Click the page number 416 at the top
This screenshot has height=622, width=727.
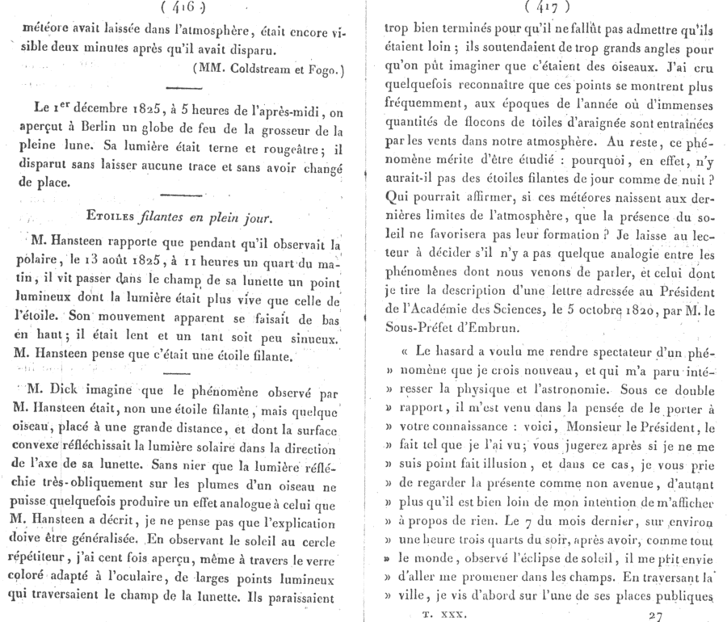click(185, 9)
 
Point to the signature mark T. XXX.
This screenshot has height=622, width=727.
click(441, 613)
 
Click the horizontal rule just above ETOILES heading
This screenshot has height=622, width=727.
click(186, 194)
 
